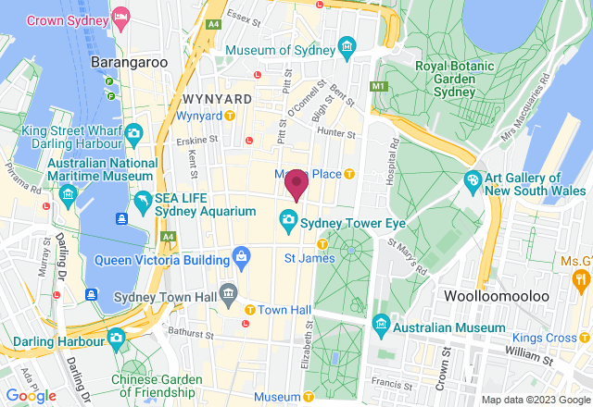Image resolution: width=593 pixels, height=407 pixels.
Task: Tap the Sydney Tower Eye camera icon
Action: tap(288, 219)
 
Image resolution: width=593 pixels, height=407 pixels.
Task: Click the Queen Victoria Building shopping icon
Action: tap(241, 254)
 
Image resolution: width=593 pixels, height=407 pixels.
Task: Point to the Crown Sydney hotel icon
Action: tap(121, 18)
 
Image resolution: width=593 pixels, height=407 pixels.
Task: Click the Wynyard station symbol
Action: tap(229, 116)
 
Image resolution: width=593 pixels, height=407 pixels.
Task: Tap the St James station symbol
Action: tap(322, 244)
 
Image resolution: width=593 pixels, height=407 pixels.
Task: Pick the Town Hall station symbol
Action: tap(249, 308)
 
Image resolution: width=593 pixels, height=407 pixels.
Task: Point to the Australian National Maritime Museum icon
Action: tap(68, 194)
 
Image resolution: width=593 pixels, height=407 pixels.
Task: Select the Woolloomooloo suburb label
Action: tap(521, 295)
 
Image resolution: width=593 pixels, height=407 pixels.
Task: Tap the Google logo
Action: tap(31, 395)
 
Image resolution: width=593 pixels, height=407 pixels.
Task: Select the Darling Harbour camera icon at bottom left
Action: tap(117, 337)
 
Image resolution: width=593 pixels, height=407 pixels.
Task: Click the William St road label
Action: tap(530, 353)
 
